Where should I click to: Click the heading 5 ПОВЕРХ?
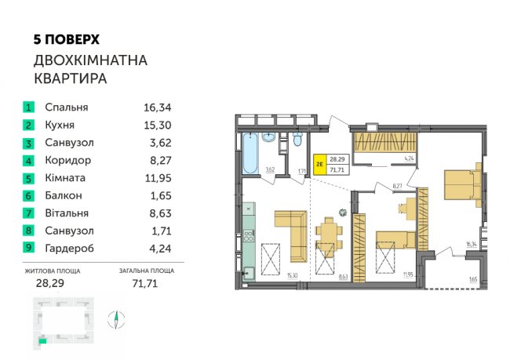tap(67, 40)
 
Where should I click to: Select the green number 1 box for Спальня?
tap(28, 107)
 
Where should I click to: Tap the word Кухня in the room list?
tap(60, 125)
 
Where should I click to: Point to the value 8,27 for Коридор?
tap(160, 160)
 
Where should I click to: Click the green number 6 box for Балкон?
tap(28, 195)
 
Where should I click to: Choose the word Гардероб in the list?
tap(70, 248)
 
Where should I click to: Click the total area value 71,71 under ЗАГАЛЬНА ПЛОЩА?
tap(145, 283)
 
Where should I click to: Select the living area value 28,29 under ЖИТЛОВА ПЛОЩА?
tap(50, 283)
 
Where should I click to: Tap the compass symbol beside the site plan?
tap(116, 320)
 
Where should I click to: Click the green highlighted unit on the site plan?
tap(42, 341)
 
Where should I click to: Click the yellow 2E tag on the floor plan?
tap(319, 165)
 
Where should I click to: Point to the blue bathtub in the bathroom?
tap(250, 153)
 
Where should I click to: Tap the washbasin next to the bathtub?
tap(269, 138)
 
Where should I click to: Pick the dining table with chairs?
tap(330, 232)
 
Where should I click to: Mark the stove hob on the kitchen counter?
tap(249, 235)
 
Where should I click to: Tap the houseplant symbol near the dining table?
tap(343, 213)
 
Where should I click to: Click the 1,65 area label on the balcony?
tap(473, 279)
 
